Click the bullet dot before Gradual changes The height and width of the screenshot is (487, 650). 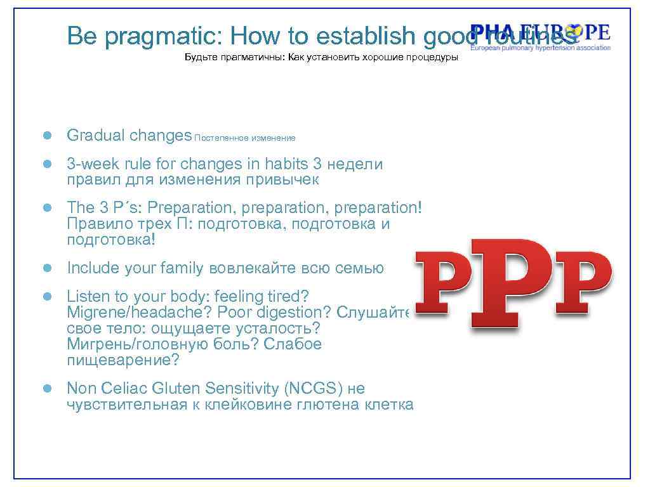[x=46, y=136]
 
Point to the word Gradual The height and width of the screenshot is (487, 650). [x=95, y=136]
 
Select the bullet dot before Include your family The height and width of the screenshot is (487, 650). [x=46, y=268]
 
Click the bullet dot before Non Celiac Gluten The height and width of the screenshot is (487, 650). [x=46, y=388]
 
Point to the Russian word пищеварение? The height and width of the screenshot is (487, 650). [x=123, y=360]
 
